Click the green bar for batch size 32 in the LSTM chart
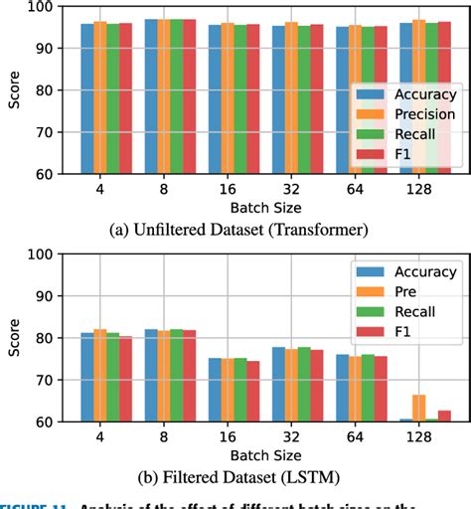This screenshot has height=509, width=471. coord(303,384)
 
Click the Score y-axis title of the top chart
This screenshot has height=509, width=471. coord(15,89)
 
